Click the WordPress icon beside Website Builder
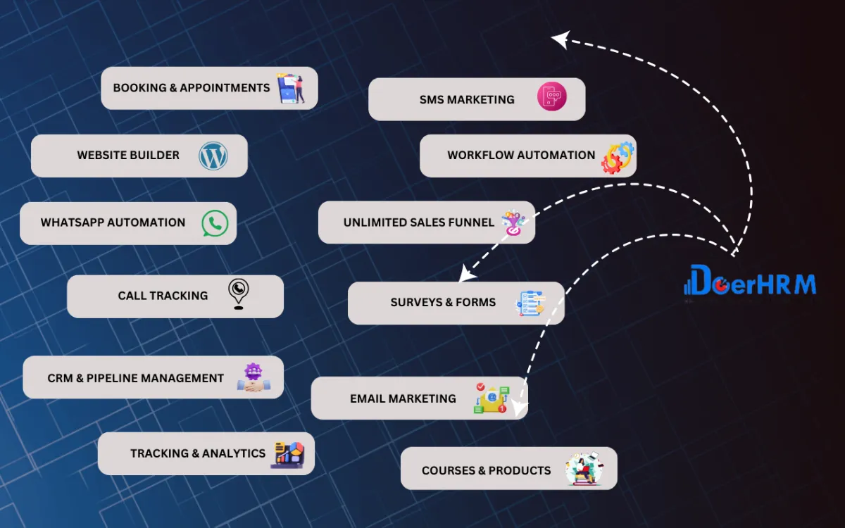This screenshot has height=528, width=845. click(x=213, y=156)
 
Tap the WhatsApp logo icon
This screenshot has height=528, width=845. click(x=215, y=223)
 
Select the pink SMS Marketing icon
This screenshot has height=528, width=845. click(x=551, y=97)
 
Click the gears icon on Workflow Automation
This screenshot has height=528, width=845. click(x=618, y=157)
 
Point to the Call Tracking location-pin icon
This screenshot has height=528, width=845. click(x=239, y=294)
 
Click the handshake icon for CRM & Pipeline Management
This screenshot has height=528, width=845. click(x=253, y=378)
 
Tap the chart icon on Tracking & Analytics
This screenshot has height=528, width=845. click(x=287, y=453)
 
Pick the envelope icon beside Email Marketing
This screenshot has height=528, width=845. click(x=490, y=398)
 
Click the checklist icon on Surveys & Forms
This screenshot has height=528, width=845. click(x=530, y=303)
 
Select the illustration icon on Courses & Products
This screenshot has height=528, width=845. click(x=584, y=469)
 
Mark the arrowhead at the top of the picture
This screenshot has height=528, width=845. click(x=560, y=39)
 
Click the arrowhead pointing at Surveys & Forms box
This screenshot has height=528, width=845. click(x=465, y=275)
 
